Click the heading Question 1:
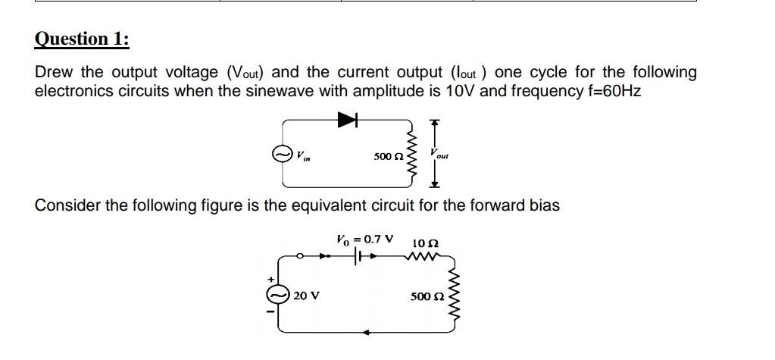click(x=82, y=39)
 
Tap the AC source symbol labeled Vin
click(x=282, y=155)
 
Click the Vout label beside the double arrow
click(x=439, y=154)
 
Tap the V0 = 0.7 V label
click(x=364, y=239)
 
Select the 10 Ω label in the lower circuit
click(x=425, y=243)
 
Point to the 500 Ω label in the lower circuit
click(x=423, y=296)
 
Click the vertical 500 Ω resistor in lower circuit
click(x=455, y=296)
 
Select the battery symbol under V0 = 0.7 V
click(x=358, y=258)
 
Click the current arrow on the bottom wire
click(x=367, y=332)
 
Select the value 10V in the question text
click(x=459, y=91)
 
